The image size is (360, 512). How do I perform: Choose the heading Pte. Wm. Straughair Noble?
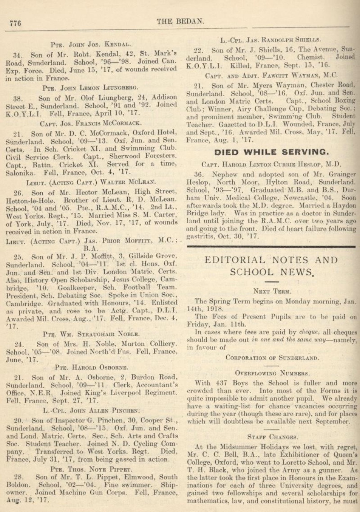(x=92, y=333)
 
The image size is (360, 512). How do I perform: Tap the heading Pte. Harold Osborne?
(x=92, y=367)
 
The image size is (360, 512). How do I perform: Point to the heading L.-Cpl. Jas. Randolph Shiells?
(x=270, y=40)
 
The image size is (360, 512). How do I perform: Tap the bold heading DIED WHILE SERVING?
(x=271, y=152)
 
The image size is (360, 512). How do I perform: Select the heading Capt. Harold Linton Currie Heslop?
(x=271, y=164)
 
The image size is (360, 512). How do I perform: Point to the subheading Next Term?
(x=271, y=291)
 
